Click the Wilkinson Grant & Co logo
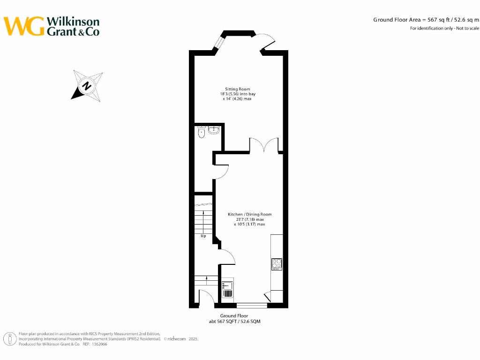(52, 26)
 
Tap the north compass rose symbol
(87, 85)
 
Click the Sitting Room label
(238, 89)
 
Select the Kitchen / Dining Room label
(249, 215)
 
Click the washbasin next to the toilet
(215, 130)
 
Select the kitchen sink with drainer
(227, 289)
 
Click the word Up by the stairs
(203, 236)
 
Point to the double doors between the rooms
(264, 145)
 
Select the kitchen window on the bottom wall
(252, 306)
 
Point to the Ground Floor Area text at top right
(426, 20)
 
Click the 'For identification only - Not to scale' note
(444, 29)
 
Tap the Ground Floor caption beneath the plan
(234, 316)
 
